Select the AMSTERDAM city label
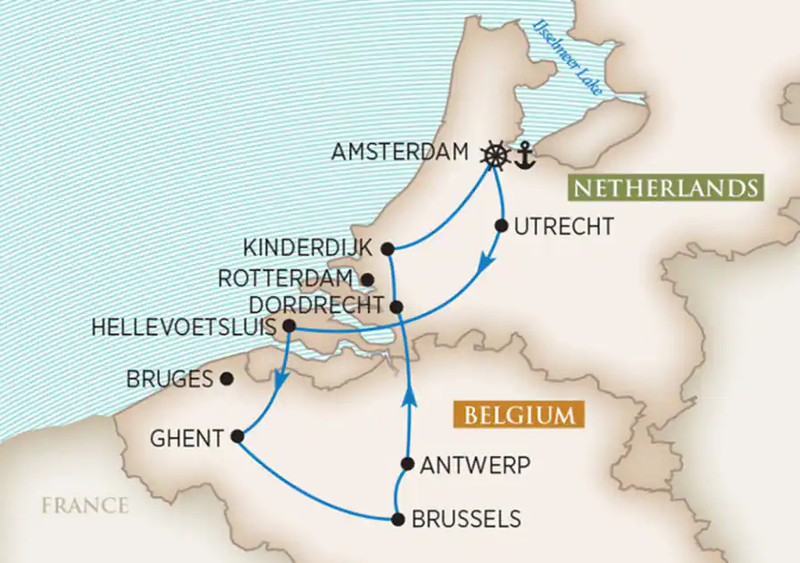click(399, 153)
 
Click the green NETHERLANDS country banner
click(665, 189)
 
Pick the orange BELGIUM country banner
click(518, 416)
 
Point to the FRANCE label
click(84, 506)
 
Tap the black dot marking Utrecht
click(501, 226)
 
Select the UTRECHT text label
click(563, 227)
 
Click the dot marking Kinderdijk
click(387, 248)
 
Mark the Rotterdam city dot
click(367, 279)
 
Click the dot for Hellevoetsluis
click(289, 327)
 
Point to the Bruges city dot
click(227, 378)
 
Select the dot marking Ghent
click(237, 436)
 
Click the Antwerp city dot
click(407, 464)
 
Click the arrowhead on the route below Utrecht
click(484, 262)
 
